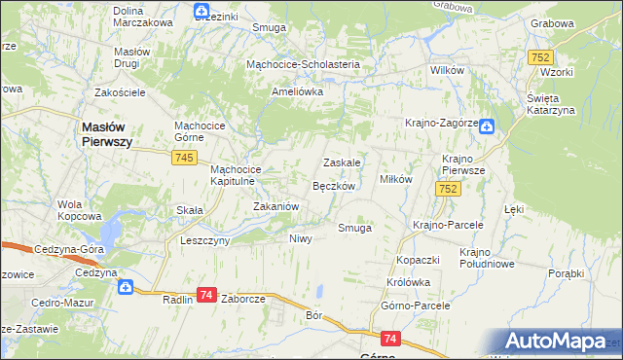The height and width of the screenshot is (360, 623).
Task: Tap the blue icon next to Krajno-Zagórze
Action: tap(487, 126)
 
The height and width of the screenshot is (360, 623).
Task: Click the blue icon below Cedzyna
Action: tap(125, 287)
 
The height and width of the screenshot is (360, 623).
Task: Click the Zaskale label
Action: tap(342, 162)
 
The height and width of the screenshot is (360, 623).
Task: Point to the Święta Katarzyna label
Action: tap(550, 104)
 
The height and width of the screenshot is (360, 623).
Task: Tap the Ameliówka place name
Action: tap(296, 91)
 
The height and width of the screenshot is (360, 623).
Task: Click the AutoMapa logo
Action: tap(560, 342)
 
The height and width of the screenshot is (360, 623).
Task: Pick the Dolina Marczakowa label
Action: tap(142, 16)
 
